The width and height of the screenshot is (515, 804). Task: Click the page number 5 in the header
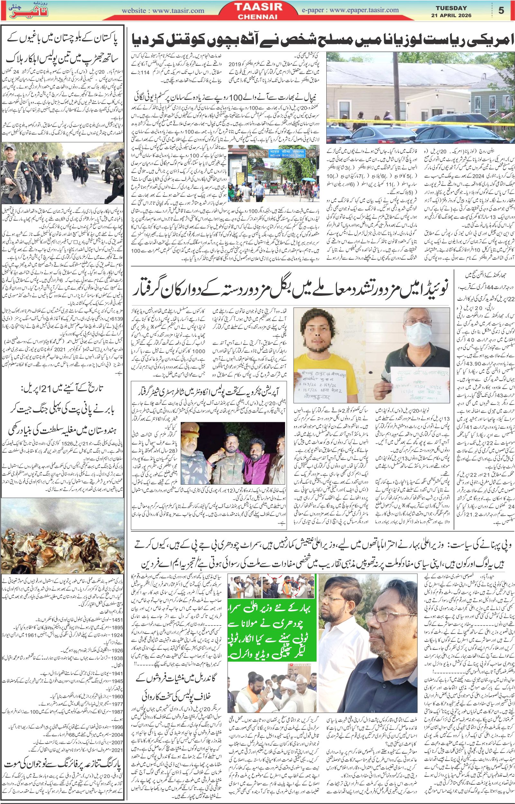coord(501,10)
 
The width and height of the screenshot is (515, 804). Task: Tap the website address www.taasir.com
coord(163,11)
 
